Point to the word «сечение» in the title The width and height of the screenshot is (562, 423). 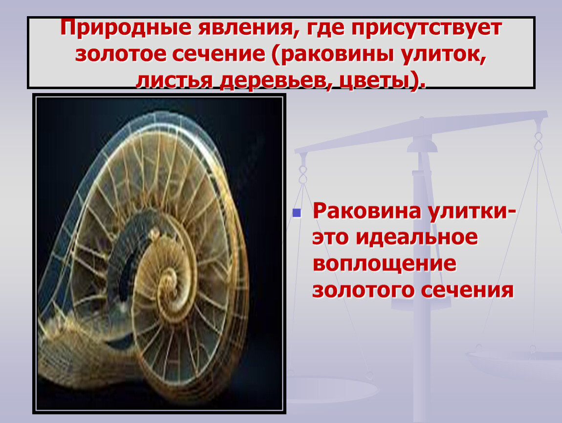click(x=218, y=54)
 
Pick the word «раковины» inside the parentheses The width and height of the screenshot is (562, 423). click(x=335, y=54)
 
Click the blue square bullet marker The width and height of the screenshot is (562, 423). click(x=297, y=213)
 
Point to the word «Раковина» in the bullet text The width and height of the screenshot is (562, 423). click(x=367, y=211)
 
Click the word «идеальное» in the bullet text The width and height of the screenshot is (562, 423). click(x=417, y=238)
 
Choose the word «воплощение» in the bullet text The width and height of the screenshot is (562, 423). click(x=385, y=264)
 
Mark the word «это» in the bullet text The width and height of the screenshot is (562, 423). click(x=330, y=238)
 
